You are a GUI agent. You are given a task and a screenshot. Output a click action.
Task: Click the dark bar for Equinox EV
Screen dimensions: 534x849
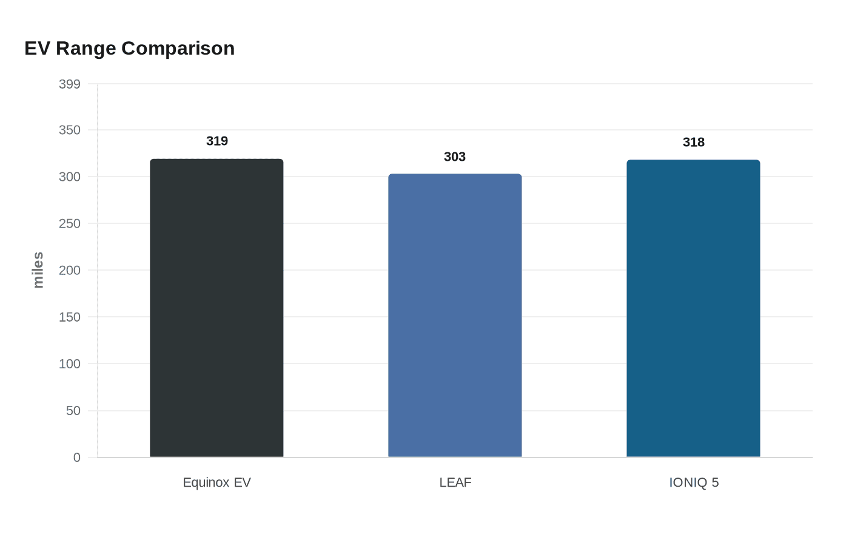tap(216, 308)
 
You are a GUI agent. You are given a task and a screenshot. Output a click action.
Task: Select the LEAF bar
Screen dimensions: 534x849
tap(455, 316)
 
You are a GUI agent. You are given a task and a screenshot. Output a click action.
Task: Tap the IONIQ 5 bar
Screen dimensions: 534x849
tap(693, 308)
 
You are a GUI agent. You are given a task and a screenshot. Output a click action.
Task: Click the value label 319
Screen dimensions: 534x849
tap(217, 141)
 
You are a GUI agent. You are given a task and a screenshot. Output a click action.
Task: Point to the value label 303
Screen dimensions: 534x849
tap(455, 157)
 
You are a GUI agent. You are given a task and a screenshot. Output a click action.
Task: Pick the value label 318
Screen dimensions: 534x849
tap(694, 142)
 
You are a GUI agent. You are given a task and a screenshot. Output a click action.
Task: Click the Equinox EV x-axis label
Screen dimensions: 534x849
tap(216, 482)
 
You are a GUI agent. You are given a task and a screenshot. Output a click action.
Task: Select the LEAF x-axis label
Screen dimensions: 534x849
tap(455, 482)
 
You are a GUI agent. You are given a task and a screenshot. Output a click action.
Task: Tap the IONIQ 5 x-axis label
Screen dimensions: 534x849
tap(694, 482)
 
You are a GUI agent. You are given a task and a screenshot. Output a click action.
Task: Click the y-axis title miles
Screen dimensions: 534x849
tap(38, 270)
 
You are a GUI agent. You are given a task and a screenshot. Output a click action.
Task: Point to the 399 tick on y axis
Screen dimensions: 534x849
tap(70, 84)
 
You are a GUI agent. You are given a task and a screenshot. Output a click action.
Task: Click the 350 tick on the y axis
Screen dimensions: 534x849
tap(70, 130)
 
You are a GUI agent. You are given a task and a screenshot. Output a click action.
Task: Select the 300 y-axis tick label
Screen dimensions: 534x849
tap(70, 177)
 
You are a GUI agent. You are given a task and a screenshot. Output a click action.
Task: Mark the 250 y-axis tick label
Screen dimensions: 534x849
tap(70, 223)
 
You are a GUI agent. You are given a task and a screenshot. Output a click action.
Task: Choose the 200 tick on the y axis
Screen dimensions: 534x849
tap(70, 270)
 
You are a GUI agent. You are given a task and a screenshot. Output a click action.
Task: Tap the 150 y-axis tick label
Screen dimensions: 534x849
tap(70, 317)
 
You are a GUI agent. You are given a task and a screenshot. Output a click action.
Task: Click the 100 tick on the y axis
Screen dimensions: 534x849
tap(70, 363)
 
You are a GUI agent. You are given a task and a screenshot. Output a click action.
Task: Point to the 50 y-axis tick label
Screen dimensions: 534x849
tap(73, 411)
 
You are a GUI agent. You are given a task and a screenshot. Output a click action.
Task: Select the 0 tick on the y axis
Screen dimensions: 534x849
tap(77, 458)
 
